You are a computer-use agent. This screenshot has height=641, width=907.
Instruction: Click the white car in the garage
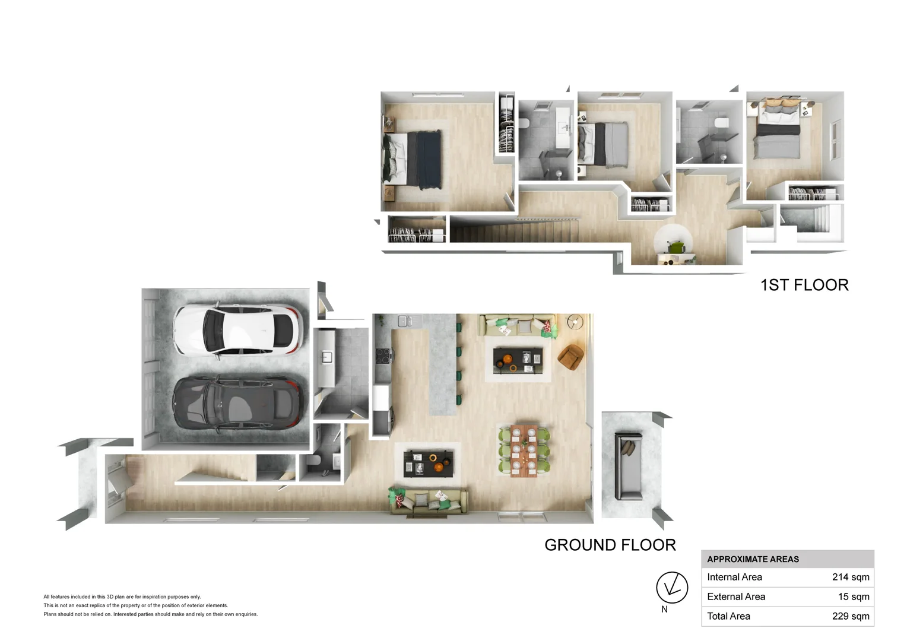(x=238, y=331)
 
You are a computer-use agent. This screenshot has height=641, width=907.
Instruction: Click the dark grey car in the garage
(x=238, y=404)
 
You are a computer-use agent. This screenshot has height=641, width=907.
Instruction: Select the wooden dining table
(x=524, y=450)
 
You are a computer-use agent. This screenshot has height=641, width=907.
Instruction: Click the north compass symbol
(x=672, y=588)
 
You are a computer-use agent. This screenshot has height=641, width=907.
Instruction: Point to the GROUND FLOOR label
(x=610, y=545)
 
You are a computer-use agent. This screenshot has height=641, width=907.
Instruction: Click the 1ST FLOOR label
(x=804, y=285)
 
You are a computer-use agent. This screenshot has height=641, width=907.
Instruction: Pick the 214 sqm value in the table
(x=851, y=577)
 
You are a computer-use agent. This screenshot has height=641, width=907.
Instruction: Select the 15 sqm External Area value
(x=854, y=596)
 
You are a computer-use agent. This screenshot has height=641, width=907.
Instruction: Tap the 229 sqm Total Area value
(x=851, y=616)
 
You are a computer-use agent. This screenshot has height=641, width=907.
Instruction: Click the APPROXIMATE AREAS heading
(x=753, y=559)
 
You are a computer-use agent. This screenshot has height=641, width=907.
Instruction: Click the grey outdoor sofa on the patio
(x=629, y=466)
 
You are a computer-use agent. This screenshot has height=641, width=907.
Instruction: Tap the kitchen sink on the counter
(x=405, y=321)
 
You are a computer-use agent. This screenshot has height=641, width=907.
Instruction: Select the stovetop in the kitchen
(x=383, y=356)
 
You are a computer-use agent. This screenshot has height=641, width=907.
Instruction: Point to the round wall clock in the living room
(x=575, y=322)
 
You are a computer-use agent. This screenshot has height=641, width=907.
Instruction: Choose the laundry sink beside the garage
(x=326, y=357)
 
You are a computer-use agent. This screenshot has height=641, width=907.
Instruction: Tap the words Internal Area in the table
(x=734, y=577)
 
